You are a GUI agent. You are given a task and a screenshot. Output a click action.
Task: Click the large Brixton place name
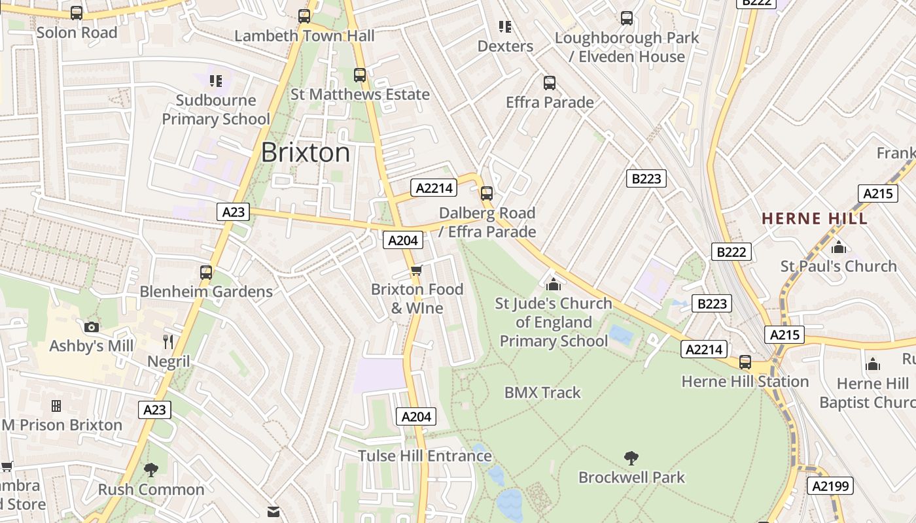[x=306, y=153]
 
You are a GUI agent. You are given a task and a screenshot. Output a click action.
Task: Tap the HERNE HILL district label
[x=815, y=218]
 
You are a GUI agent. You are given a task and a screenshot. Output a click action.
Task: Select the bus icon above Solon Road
[x=77, y=13]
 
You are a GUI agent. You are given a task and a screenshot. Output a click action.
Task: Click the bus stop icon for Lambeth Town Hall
[x=304, y=16]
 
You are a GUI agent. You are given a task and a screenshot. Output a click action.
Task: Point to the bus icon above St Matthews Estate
[x=360, y=75]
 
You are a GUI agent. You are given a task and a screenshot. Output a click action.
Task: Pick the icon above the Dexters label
[x=505, y=27]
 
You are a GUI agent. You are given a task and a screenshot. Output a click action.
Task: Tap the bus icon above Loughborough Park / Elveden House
[x=627, y=18]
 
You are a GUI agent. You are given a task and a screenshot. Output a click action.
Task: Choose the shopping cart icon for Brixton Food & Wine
[x=417, y=270]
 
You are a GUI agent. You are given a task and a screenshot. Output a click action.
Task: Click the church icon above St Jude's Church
[x=554, y=284]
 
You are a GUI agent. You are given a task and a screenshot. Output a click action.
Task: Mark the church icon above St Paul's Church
[x=838, y=247]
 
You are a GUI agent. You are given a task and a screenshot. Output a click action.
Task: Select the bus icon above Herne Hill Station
[x=745, y=362]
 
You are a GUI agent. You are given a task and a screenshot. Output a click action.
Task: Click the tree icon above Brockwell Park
[x=631, y=458]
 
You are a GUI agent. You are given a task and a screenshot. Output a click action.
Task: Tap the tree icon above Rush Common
[x=151, y=469]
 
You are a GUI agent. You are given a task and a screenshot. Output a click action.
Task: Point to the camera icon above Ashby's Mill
[x=92, y=327]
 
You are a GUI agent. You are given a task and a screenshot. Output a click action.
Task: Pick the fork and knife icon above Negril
[x=168, y=341]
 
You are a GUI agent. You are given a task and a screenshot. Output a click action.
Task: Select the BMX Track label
[x=542, y=392]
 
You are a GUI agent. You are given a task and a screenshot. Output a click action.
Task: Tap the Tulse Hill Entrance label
[x=425, y=456]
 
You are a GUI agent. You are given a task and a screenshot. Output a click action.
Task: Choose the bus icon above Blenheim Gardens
[x=206, y=273]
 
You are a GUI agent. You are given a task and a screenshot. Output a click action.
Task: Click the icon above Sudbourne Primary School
[x=216, y=81]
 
